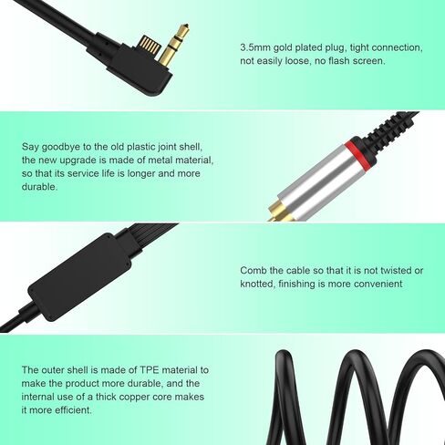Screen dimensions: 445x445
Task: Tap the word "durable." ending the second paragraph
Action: tap(40, 186)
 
